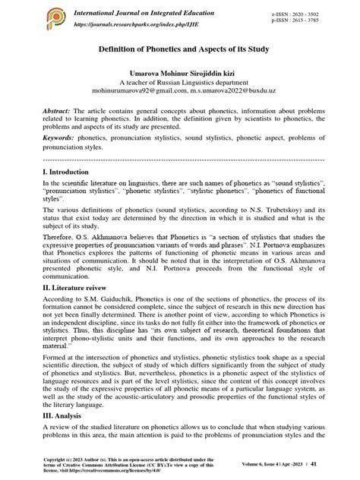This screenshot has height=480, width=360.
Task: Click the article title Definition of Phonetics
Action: pos(180,50)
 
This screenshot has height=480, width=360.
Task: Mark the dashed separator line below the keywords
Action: pos(180,160)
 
